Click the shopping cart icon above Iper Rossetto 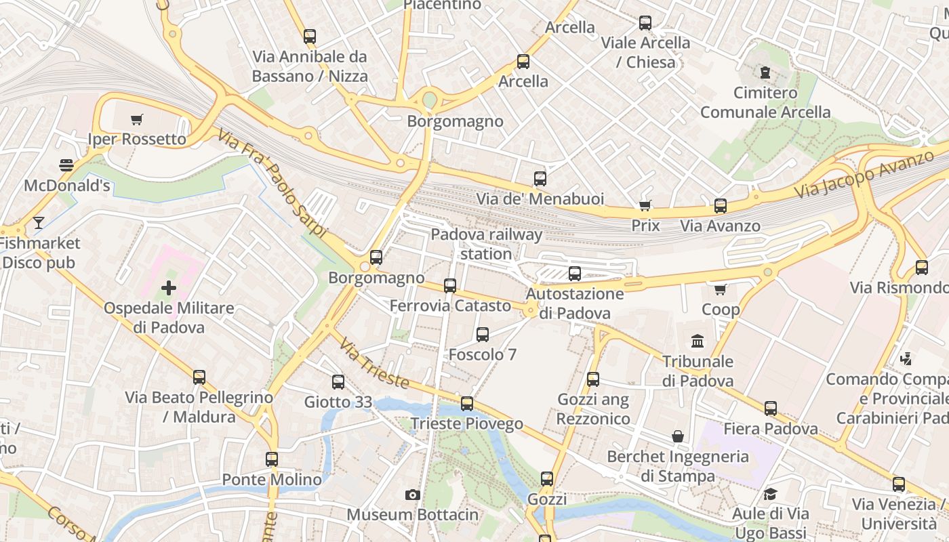coord(137,120)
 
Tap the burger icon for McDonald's coord(66,165)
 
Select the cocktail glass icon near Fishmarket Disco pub coord(39,222)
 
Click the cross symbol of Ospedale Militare coord(168,289)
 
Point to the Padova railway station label coord(487,244)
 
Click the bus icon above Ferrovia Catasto coord(450,286)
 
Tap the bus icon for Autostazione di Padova coord(575,274)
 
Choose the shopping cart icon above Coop coord(720,290)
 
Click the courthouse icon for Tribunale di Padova coord(698,341)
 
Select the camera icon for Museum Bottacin coord(412,495)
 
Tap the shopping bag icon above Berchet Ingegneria coord(677,436)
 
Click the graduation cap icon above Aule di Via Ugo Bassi coord(770,494)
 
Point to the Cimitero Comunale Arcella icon coord(765,72)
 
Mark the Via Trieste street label coord(374,365)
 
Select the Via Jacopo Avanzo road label coord(863,175)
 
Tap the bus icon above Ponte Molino coord(272,459)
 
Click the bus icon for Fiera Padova coord(771,409)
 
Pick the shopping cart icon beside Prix coord(645,205)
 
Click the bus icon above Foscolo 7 coord(483,335)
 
